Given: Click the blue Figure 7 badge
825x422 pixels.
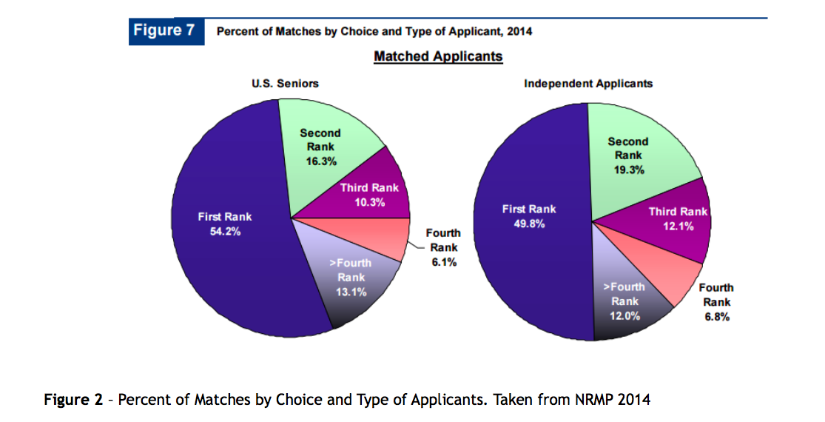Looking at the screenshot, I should (166, 31).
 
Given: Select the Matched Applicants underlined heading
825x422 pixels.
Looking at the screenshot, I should (438, 56).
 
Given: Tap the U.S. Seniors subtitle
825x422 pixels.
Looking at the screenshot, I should (286, 84).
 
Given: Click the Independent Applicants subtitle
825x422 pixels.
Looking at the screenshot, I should (588, 84).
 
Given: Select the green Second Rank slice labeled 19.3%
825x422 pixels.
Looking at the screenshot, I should (628, 155).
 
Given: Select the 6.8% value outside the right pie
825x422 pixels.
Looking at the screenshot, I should (716, 316).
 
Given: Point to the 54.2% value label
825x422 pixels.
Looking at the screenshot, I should (224, 231).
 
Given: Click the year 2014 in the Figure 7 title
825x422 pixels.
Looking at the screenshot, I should (519, 31).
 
